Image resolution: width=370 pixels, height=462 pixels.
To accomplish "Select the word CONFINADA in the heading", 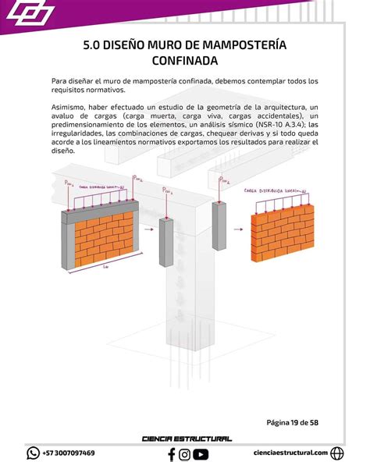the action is tap(185, 61).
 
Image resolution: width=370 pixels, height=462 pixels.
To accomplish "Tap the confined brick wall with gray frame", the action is tap(101, 229).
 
